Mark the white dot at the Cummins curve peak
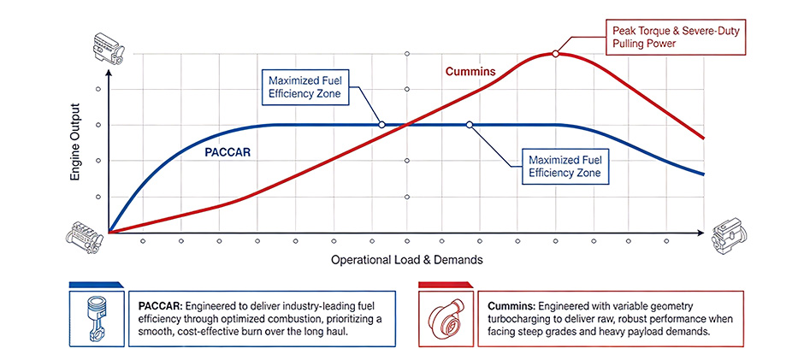(x=555, y=54)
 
